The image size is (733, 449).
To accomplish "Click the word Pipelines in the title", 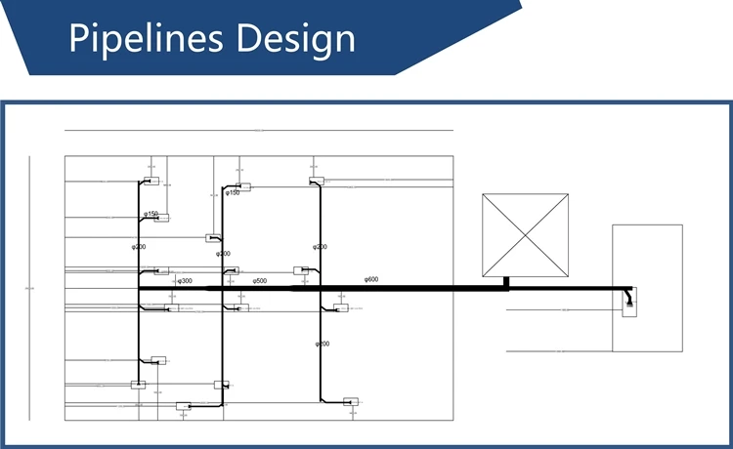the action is pyautogui.click(x=143, y=40).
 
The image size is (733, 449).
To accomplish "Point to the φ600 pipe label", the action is pyautogui.click(x=371, y=280).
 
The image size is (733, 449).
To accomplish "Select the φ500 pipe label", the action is pyautogui.click(x=260, y=280).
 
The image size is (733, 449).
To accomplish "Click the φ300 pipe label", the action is pyautogui.click(x=184, y=281).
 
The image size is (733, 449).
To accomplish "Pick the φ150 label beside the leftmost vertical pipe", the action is pyautogui.click(x=151, y=214).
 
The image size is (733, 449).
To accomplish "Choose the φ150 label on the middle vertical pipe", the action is pyautogui.click(x=233, y=193).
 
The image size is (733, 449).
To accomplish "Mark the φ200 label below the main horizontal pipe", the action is pyautogui.click(x=322, y=344).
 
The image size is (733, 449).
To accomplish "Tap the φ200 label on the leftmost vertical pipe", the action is pyautogui.click(x=139, y=247).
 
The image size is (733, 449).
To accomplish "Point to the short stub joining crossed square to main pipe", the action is pyautogui.click(x=506, y=282).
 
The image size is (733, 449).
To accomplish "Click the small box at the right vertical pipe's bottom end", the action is pyautogui.click(x=351, y=401).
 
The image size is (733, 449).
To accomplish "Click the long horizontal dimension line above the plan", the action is pyautogui.click(x=259, y=130).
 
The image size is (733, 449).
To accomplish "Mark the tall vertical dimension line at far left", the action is pyautogui.click(x=29, y=288).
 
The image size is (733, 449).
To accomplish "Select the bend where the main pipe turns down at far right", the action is pyautogui.click(x=628, y=290).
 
